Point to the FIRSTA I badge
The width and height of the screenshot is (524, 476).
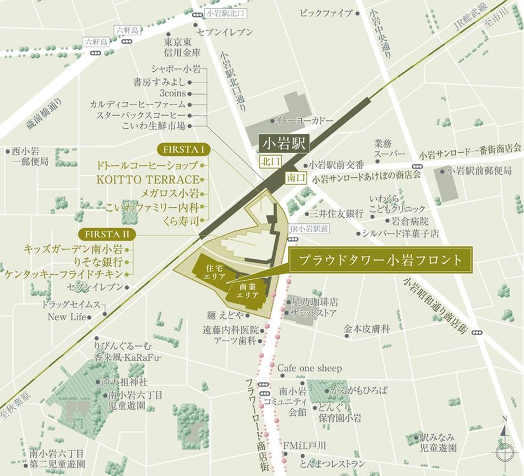[183, 150]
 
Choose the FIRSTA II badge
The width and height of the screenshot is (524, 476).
[107, 234]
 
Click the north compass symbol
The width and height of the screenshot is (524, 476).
[504, 448]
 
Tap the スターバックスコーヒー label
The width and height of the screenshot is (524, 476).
[141, 115]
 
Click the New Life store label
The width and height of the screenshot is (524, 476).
[67, 317]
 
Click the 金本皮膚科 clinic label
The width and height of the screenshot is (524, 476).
[366, 329]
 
